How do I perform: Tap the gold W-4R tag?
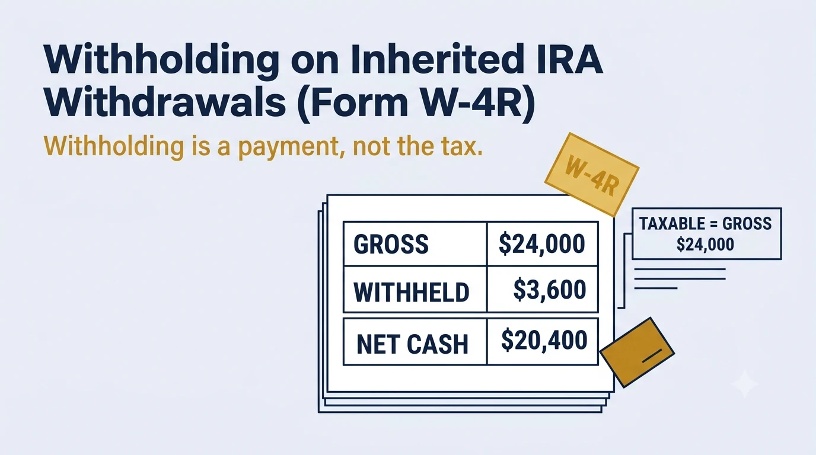[x=592, y=174]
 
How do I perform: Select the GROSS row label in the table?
[x=391, y=244]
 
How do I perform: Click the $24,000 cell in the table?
[x=541, y=243]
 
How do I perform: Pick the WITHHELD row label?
[x=412, y=292]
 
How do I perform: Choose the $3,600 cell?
[x=549, y=290]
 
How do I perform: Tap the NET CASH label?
[x=412, y=344]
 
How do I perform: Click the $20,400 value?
[x=544, y=340]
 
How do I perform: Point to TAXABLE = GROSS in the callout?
[x=705, y=223]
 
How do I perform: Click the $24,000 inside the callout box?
[x=705, y=244]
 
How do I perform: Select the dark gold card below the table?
[x=637, y=352]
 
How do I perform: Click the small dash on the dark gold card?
[x=652, y=355]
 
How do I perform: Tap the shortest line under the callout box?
[x=656, y=289]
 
